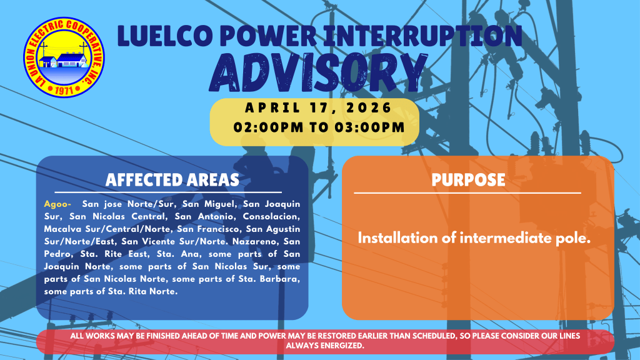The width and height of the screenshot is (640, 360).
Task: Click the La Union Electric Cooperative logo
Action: pyautogui.click(x=64, y=57)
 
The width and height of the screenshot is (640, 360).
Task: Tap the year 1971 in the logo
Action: pyautogui.click(x=64, y=90)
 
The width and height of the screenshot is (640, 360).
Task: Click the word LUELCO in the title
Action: pyautogui.click(x=164, y=36)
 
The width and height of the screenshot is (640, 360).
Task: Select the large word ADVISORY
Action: pyautogui.click(x=318, y=72)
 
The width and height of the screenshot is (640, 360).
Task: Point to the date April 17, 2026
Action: pyautogui.click(x=318, y=107)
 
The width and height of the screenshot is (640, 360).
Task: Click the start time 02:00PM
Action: pyautogui.click(x=269, y=127)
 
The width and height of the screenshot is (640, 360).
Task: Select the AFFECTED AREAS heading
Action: pyautogui.click(x=172, y=180)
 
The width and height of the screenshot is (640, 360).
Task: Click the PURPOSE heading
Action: pyautogui.click(x=468, y=180)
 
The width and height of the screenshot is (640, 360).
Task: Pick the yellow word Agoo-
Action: pyautogui.click(x=57, y=204)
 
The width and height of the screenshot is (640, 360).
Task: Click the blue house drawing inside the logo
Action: pyautogui.click(x=71, y=60)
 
